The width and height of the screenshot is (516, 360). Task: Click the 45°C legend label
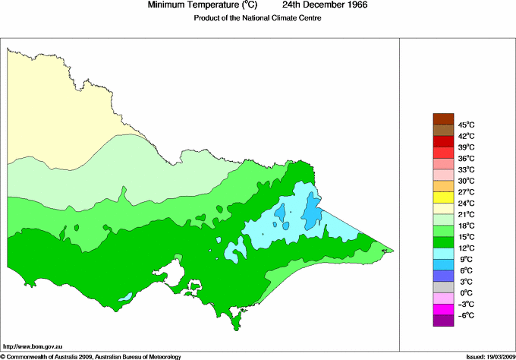tap(466, 125)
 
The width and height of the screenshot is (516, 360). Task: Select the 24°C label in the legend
tap(466, 203)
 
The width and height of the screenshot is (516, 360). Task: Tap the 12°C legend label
tap(466, 248)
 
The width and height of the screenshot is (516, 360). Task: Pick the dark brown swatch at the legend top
tap(442, 118)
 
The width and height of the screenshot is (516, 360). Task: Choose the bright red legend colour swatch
tap(442, 153)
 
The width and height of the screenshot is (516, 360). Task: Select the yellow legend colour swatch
tap(442, 197)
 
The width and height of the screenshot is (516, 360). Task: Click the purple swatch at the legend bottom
tap(442, 321)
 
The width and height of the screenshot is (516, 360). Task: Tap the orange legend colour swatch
tap(442, 186)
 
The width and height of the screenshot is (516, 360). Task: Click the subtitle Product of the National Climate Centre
tap(257, 18)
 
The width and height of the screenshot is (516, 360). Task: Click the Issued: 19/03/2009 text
tap(486, 355)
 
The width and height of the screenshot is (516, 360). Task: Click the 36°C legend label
tap(466, 158)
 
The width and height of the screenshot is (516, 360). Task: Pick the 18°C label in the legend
tap(466, 226)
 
